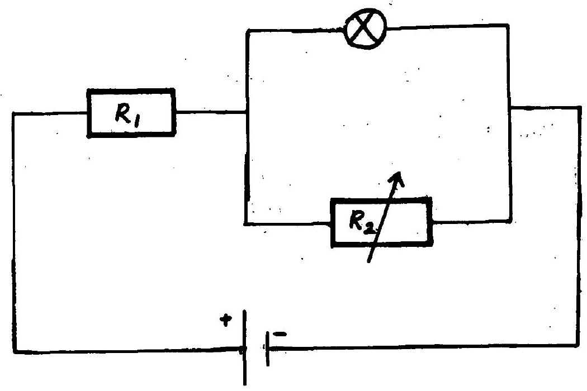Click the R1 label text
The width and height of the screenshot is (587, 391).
click(x=128, y=114)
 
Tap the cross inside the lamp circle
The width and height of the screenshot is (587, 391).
click(x=366, y=28)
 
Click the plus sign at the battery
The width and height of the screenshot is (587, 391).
click(x=226, y=320)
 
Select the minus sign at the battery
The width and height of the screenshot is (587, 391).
click(x=280, y=334)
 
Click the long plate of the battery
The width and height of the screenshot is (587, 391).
click(x=244, y=347)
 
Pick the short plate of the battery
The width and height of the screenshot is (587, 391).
click(x=267, y=349)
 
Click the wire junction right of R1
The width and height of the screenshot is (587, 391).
click(x=247, y=112)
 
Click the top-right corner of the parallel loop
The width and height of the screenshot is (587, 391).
click(x=508, y=26)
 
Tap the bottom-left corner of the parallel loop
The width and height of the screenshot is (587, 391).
click(x=246, y=224)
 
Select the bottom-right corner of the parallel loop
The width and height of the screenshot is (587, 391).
click(x=510, y=221)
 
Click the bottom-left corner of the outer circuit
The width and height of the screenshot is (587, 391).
click(x=15, y=352)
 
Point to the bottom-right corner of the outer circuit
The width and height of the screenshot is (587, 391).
click(x=579, y=346)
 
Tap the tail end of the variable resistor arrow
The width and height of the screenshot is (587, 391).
click(x=368, y=261)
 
